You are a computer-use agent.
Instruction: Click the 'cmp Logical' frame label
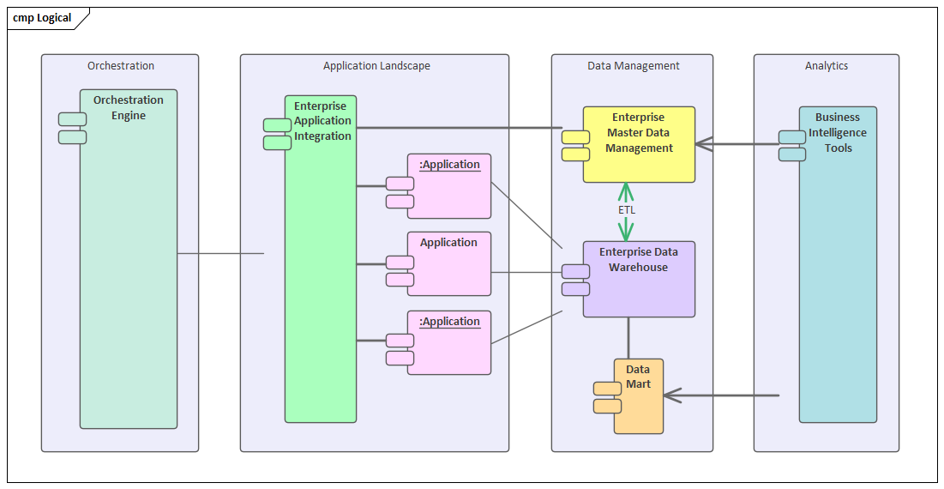(42, 18)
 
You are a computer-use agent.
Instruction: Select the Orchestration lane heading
(121, 66)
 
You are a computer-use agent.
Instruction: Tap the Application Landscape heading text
(376, 66)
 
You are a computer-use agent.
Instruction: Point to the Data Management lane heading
(633, 66)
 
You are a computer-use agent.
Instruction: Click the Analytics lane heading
(826, 66)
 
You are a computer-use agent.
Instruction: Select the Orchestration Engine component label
(129, 108)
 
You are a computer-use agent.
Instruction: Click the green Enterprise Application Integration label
(322, 121)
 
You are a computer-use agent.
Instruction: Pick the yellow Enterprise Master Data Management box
(639, 144)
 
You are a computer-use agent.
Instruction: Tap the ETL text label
(627, 210)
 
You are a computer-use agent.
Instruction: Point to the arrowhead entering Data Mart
(671, 395)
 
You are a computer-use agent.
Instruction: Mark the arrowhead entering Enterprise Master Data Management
(704, 144)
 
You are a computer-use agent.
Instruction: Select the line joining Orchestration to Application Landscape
(220, 254)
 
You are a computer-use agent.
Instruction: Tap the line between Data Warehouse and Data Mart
(628, 338)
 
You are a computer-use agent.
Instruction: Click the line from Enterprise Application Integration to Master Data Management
(463, 128)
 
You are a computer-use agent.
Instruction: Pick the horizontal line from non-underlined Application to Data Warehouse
(526, 273)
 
